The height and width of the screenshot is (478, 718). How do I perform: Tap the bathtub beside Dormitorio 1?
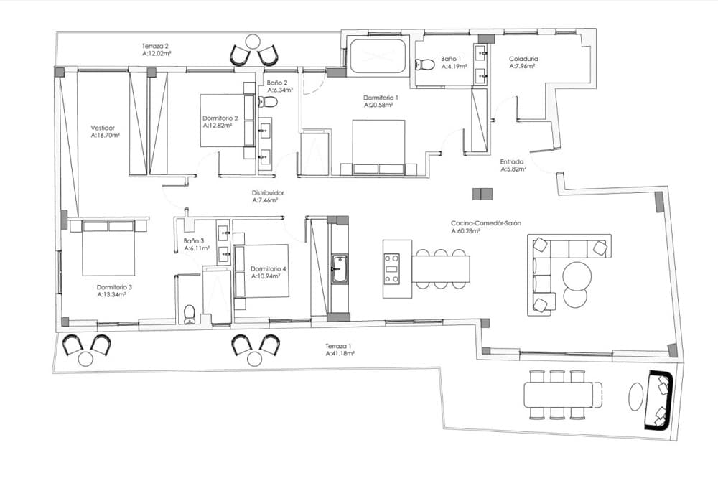tap(378, 56)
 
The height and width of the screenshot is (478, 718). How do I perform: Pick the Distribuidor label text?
tap(268, 193)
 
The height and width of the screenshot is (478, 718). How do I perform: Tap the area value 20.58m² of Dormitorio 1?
tap(378, 105)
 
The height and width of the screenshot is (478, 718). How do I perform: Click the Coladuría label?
tap(523, 59)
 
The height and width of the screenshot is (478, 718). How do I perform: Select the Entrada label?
tap(511, 161)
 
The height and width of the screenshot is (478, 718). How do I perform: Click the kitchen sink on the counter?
tap(340, 270)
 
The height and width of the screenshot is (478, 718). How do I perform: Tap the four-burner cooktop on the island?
tap(392, 269)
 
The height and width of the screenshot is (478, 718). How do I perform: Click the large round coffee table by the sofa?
tap(577, 275)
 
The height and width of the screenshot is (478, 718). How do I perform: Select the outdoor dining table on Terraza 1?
tap(558, 395)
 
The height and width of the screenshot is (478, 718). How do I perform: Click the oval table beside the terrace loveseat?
tap(636, 396)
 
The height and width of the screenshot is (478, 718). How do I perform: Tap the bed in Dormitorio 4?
tap(261, 271)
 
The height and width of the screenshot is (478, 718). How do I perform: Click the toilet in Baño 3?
tap(190, 314)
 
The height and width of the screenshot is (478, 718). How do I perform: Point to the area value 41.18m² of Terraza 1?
tap(340, 353)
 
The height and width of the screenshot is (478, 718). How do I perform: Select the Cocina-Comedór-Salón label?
tap(486, 223)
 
